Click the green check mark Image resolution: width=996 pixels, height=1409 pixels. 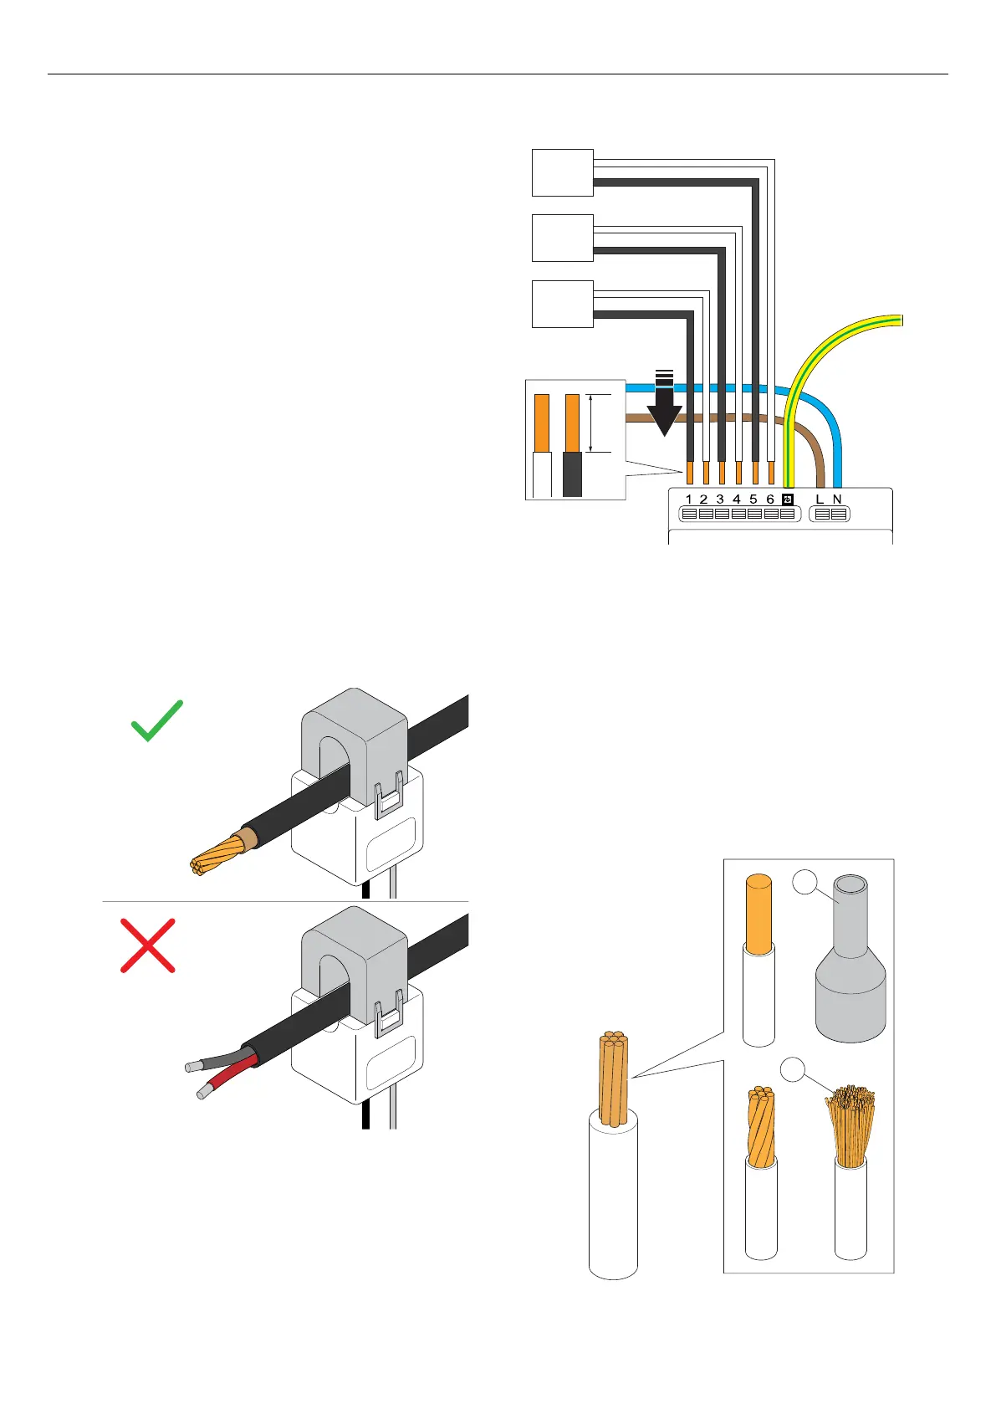click(x=157, y=721)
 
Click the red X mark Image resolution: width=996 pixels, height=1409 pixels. click(x=148, y=945)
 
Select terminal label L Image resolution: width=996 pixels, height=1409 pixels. click(x=820, y=500)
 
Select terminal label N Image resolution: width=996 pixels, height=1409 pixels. click(x=837, y=500)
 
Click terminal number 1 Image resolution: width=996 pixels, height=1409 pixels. click(x=688, y=500)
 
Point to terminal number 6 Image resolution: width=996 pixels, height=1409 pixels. click(x=770, y=500)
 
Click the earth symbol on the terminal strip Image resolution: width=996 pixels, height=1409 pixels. click(x=787, y=500)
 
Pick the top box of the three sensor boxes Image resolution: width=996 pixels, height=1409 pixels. click(x=563, y=172)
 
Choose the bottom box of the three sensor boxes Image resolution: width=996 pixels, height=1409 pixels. click(x=563, y=304)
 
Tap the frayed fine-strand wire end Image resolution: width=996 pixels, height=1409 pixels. click(x=850, y=1125)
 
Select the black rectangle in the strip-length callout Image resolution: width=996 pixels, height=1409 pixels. click(x=573, y=474)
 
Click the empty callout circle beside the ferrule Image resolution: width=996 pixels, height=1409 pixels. click(x=804, y=882)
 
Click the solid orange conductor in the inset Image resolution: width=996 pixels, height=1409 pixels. click(x=758, y=914)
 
